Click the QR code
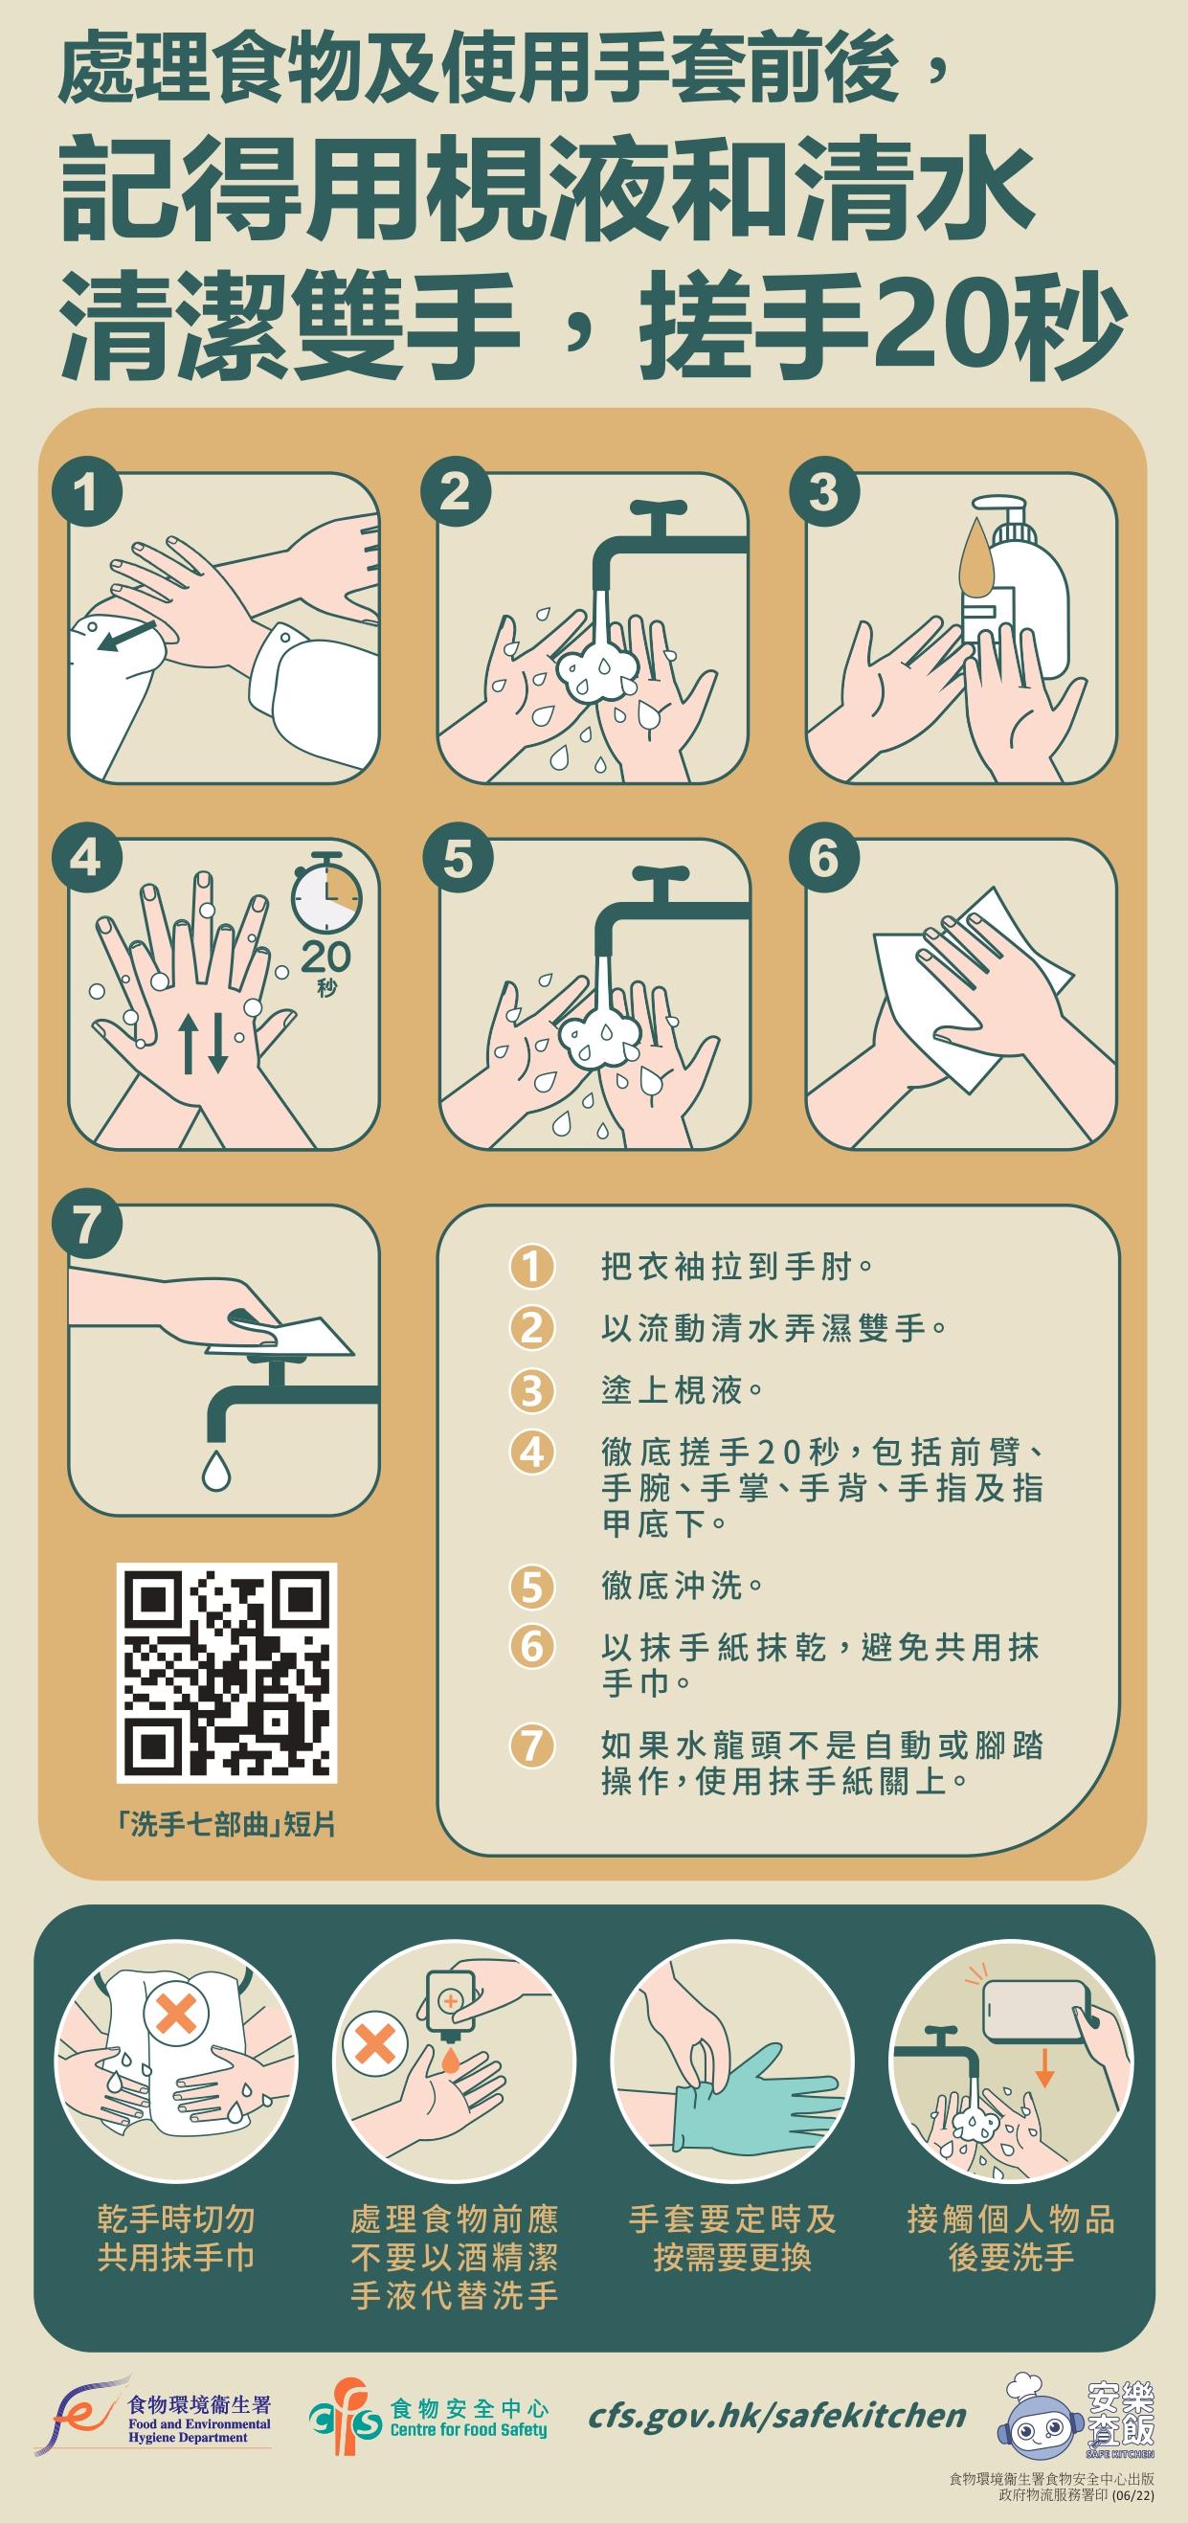pos(226,1673)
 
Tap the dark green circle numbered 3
pos(823,491)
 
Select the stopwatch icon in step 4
pos(326,893)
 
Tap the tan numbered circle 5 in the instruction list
pos(531,1586)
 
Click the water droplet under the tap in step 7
pos(215,1469)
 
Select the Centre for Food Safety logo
pos(428,2420)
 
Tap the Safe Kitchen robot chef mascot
pos(1041,2415)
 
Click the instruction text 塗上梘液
pos(683,1390)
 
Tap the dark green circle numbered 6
pos(823,859)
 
